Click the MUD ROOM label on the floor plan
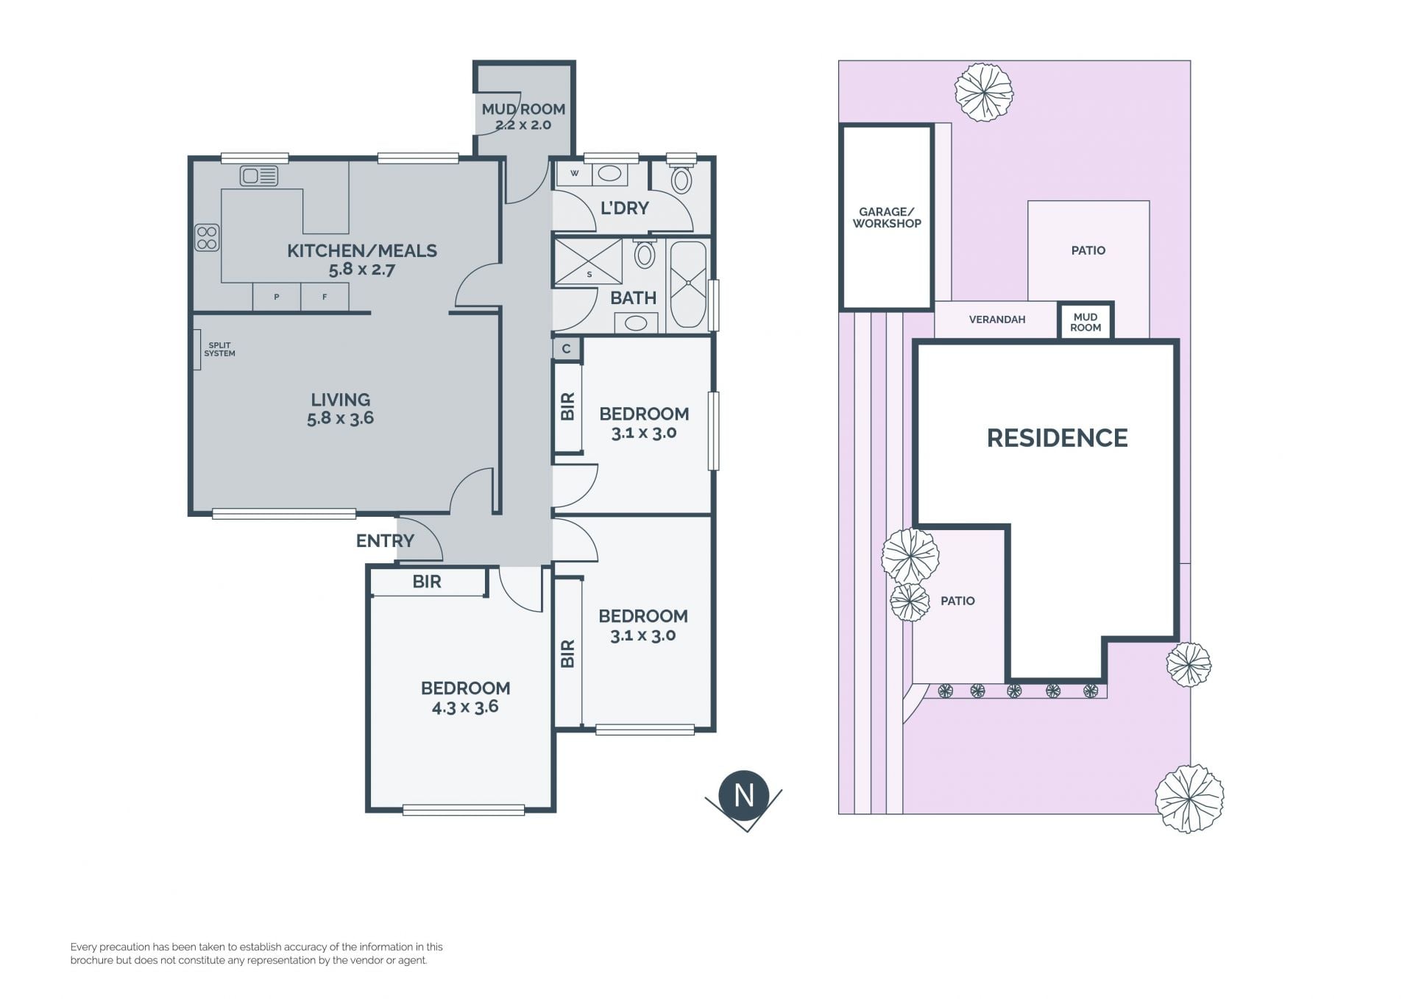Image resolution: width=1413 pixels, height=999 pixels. click(x=523, y=109)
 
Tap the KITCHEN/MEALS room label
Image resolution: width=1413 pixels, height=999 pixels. click(x=362, y=251)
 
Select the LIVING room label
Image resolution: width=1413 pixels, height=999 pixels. click(x=340, y=400)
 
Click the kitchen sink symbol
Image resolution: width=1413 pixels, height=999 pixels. click(x=259, y=176)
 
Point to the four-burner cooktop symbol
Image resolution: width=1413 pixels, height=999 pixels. click(x=207, y=237)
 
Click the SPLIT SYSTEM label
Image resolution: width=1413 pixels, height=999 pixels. click(x=219, y=349)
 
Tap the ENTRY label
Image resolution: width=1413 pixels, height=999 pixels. click(x=385, y=541)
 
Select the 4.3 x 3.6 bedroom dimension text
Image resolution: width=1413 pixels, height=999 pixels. click(x=465, y=707)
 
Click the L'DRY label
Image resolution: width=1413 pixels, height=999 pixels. click(x=625, y=208)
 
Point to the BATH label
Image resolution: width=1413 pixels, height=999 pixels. click(x=633, y=298)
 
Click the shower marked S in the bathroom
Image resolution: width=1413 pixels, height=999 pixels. click(x=588, y=261)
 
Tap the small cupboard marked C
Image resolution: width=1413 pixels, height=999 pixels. click(x=567, y=348)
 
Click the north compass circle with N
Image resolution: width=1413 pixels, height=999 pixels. click(x=744, y=795)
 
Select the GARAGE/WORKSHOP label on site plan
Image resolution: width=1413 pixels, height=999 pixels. click(x=887, y=218)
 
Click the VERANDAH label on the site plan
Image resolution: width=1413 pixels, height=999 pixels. click(x=997, y=320)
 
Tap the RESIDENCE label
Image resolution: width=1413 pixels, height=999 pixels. click(x=1057, y=438)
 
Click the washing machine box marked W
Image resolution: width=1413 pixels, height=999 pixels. click(x=575, y=174)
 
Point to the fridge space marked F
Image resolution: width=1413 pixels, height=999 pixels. click(x=325, y=297)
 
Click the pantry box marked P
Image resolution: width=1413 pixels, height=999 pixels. click(x=277, y=297)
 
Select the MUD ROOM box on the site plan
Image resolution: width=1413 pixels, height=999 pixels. click(x=1086, y=322)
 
